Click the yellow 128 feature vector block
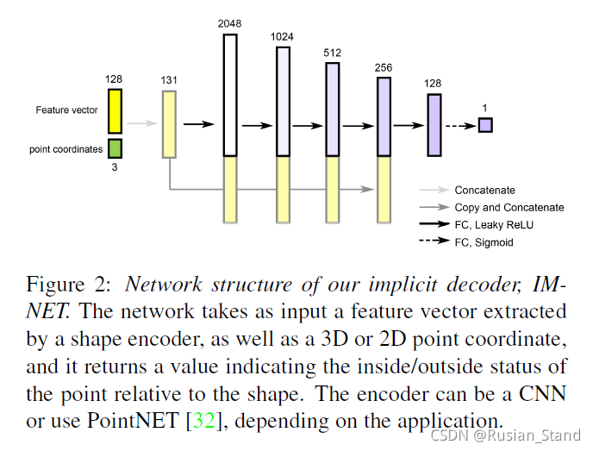[115, 110]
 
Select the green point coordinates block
[115, 148]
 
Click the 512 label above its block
[333, 53]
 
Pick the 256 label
[384, 67]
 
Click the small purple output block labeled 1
[485, 125]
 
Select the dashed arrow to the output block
[462, 125]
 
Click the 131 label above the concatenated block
[169, 81]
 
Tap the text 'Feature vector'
[66, 110]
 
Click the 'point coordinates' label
[66, 149]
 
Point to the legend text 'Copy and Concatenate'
[509, 208]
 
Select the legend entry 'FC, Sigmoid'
[484, 242]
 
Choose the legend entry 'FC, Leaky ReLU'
[493, 225]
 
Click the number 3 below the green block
[115, 167]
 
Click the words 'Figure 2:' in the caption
[63, 285]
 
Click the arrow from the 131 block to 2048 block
[198, 124]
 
